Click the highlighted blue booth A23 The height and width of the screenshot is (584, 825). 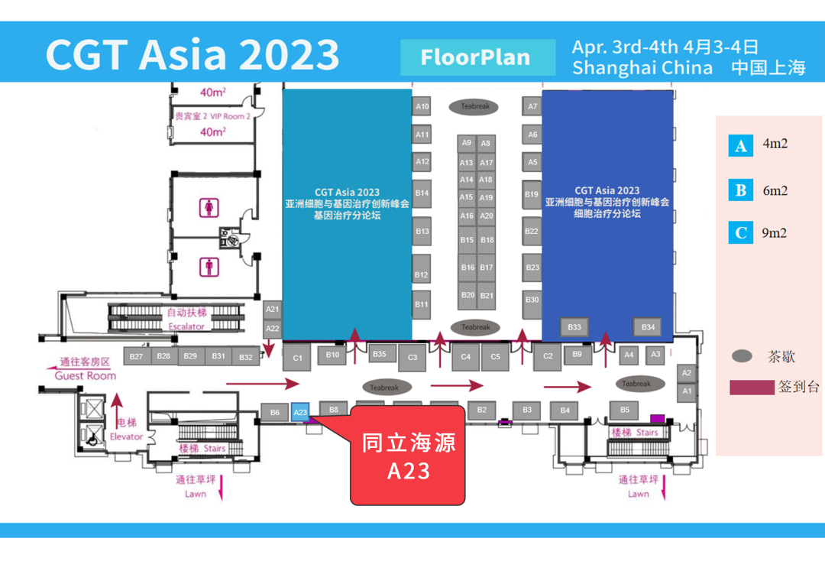point(300,412)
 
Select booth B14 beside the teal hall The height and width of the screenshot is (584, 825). point(422,193)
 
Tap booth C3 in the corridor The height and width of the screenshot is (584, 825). point(412,357)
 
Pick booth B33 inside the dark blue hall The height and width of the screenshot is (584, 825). point(574,327)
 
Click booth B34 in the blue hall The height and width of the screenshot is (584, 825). point(648,327)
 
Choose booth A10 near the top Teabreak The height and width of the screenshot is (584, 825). point(422,106)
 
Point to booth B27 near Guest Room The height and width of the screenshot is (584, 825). point(136,356)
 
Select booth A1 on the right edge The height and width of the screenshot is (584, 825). point(687,391)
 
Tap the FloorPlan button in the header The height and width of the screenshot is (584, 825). point(477,57)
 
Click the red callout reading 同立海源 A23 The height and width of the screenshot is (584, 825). point(408,456)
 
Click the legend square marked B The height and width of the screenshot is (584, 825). point(740,190)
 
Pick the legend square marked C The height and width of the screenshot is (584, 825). point(740,232)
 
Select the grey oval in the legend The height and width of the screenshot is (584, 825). point(742,356)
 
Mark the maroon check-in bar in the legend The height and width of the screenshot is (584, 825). point(752,388)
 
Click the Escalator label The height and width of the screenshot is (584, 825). point(186,326)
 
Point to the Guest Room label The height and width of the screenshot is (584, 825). point(86,375)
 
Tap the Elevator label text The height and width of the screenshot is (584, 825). point(126,436)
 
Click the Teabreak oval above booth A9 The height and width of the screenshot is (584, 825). point(475,106)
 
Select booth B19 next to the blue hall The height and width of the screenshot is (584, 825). point(532,194)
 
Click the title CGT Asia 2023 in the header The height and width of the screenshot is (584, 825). point(192,54)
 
